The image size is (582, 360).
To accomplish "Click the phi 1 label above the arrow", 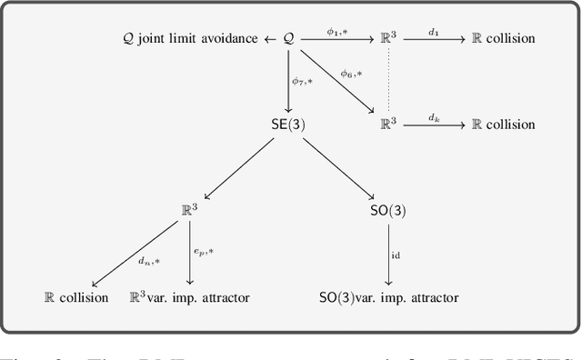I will click(337, 30).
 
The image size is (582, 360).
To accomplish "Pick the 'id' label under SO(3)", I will click(396, 255).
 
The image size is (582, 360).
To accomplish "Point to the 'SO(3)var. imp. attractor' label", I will click(388, 297).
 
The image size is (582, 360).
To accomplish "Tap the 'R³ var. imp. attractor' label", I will click(190, 297).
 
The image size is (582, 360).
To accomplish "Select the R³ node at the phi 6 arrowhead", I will click(388, 125).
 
